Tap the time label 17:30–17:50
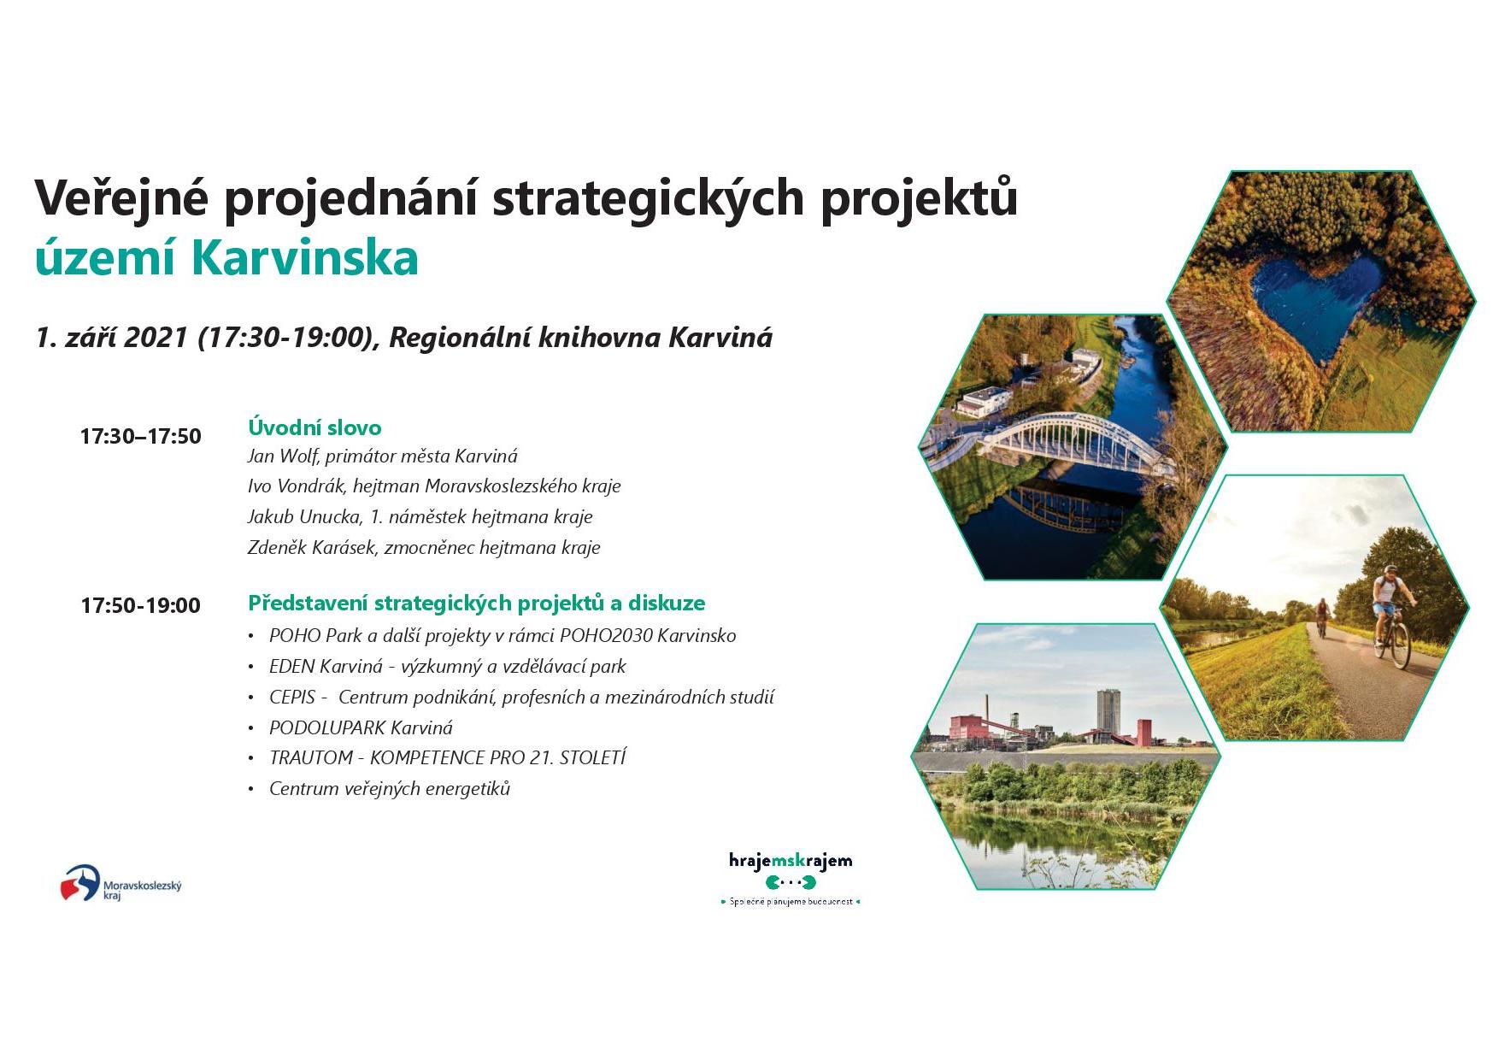(x=141, y=436)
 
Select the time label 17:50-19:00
(x=141, y=605)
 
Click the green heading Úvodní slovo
(x=314, y=427)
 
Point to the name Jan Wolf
(x=282, y=456)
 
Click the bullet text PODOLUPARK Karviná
(x=361, y=727)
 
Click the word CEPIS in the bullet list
(x=292, y=697)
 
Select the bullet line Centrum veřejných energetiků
(x=390, y=788)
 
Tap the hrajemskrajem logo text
(x=791, y=860)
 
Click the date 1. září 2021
(x=112, y=337)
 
